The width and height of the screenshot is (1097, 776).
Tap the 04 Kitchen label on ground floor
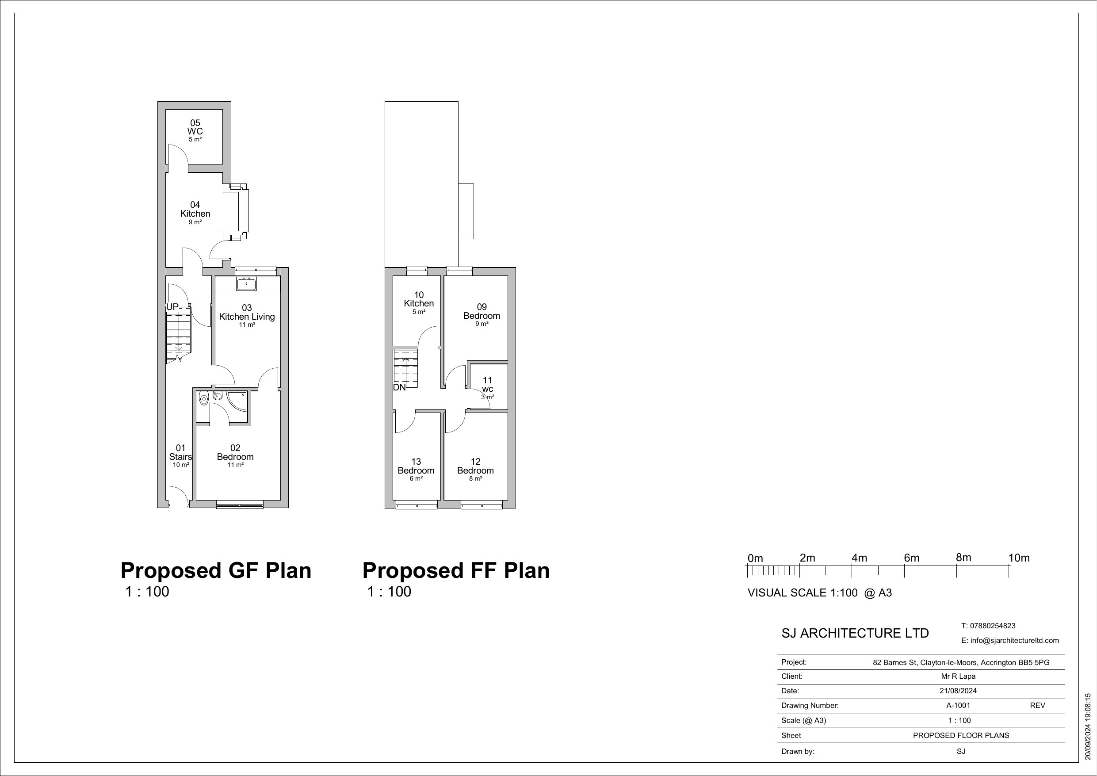[x=195, y=210]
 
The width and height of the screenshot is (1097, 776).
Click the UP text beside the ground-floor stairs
[x=172, y=307]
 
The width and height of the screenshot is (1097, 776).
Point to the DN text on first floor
[x=399, y=387]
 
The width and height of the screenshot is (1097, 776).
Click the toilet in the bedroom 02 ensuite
[x=204, y=398]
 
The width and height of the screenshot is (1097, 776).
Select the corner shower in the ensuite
[x=237, y=401]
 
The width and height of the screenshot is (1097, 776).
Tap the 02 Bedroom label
[x=235, y=453]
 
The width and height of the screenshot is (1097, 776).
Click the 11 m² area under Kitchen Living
[x=247, y=325]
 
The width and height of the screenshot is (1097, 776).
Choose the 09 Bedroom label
[x=482, y=312]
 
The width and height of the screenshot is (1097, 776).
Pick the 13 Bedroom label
[x=416, y=466]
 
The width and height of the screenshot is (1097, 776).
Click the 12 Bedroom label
[x=475, y=466]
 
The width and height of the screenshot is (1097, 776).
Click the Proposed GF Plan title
[x=216, y=570]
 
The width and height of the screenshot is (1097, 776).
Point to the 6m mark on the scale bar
[x=911, y=558]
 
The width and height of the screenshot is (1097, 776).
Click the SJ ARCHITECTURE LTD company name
[x=855, y=633]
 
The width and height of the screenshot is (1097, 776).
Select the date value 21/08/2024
[x=958, y=691]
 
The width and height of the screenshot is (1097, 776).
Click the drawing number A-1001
[x=958, y=705]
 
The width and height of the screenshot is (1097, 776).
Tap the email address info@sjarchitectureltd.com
[x=1010, y=640]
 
